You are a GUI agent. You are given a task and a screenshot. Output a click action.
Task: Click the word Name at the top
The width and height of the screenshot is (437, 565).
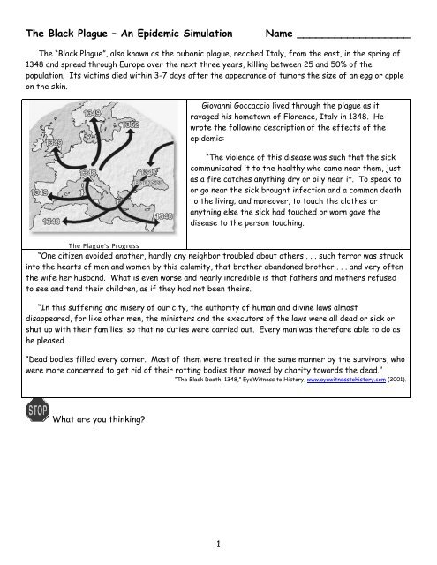[280, 34]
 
